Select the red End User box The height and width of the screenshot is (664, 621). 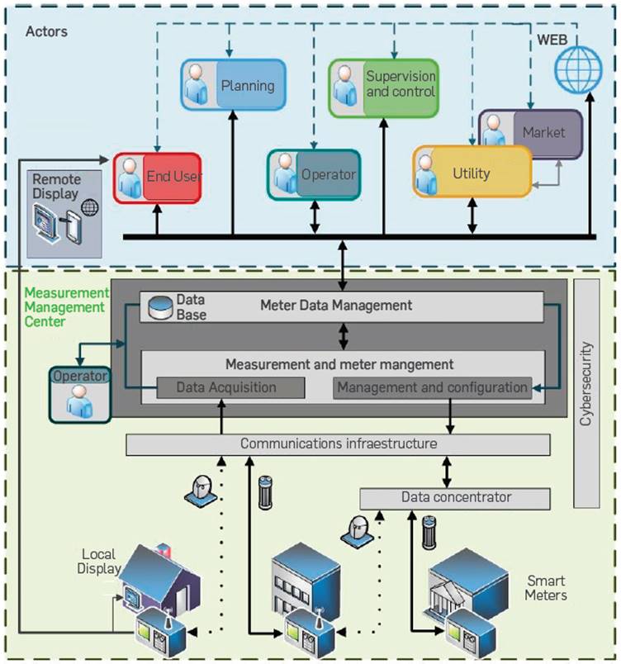[158, 176]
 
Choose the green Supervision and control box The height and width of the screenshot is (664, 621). [383, 86]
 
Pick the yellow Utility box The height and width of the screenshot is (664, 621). [472, 173]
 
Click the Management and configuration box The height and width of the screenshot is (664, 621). [432, 387]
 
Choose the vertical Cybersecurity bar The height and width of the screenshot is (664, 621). [585, 393]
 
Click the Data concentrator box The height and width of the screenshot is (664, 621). [455, 498]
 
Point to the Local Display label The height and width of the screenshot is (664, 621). [102, 561]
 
